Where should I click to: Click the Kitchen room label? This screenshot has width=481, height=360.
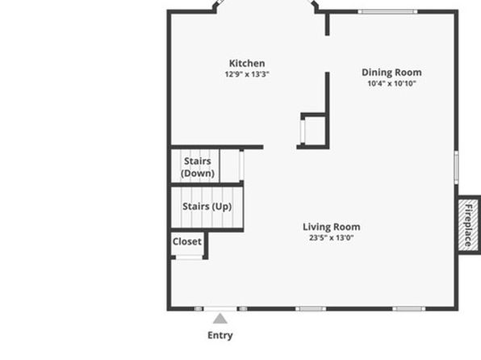247,63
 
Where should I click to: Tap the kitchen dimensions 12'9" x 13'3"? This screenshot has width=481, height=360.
247,74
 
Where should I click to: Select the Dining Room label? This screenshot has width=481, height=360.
391,73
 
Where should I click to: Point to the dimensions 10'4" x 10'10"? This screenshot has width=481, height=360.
391,83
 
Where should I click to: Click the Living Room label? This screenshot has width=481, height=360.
332,227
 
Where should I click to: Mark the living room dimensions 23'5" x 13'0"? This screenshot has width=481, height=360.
332,237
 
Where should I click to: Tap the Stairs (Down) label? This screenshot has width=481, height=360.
198,167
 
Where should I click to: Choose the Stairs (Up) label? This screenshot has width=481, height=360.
207,207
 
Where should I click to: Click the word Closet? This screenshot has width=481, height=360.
187,241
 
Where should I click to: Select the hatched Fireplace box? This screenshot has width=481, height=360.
468,224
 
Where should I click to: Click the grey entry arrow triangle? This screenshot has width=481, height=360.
220,319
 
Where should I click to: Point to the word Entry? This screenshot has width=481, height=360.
220,335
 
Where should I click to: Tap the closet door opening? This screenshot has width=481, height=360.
189,257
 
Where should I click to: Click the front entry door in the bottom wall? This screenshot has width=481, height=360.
220,309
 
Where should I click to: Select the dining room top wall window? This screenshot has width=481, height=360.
387,11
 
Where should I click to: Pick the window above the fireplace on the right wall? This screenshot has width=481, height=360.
456,168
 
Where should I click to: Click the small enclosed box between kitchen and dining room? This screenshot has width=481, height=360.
313,131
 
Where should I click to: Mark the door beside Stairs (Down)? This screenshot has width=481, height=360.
241,165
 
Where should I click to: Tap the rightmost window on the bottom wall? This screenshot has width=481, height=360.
409,309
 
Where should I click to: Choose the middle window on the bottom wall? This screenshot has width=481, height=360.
311,309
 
